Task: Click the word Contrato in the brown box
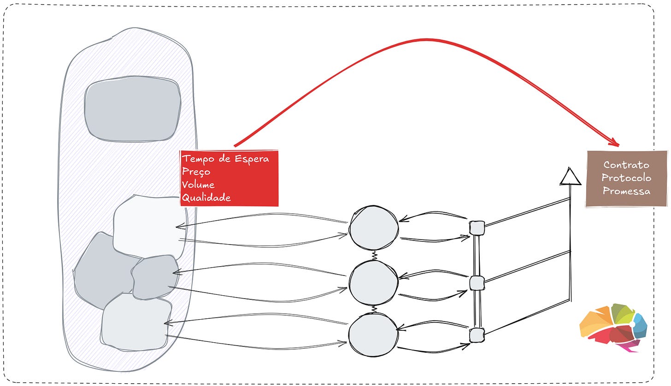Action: click(x=626, y=165)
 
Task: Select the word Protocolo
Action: click(x=626, y=178)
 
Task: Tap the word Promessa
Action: click(x=626, y=191)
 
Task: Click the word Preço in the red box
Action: click(x=196, y=172)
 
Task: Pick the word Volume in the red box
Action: click(x=198, y=185)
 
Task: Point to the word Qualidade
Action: click(x=206, y=198)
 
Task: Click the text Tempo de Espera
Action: click(x=225, y=159)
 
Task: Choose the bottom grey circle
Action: click(x=373, y=335)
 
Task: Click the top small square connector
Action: click(x=477, y=228)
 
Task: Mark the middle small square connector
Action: click(x=477, y=282)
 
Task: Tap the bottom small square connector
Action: click(x=477, y=335)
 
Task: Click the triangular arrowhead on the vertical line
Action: click(x=571, y=177)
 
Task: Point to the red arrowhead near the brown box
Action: click(x=614, y=141)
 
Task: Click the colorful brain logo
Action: click(x=613, y=328)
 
